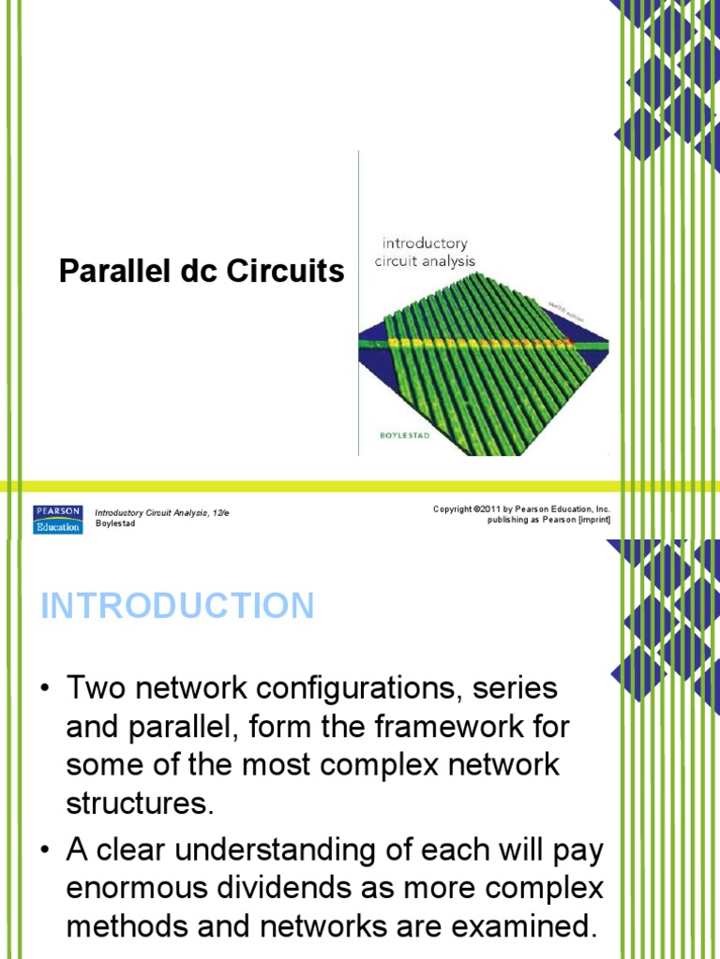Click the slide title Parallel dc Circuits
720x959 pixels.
pyautogui.click(x=202, y=272)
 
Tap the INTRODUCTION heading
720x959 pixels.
pyautogui.click(x=177, y=606)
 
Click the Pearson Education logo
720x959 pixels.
pyautogui.click(x=58, y=519)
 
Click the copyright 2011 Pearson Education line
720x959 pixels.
pyautogui.click(x=521, y=509)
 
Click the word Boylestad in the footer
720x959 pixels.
pyautogui.click(x=116, y=524)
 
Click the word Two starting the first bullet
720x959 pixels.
pyautogui.click(x=97, y=688)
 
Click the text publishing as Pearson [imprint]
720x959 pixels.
pyautogui.click(x=548, y=521)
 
